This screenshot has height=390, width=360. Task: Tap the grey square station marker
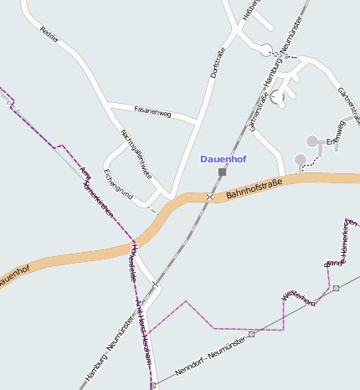click(x=222, y=172)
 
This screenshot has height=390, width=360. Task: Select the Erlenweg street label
click(x=336, y=133)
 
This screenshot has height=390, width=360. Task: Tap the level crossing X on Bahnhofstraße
click(x=209, y=197)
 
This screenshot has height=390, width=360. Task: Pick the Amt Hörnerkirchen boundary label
click(x=95, y=193)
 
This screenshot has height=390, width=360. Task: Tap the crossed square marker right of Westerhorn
click(x=336, y=288)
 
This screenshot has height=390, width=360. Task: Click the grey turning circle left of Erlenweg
click(x=311, y=141)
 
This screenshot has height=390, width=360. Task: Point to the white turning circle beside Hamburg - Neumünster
click(x=266, y=49)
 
